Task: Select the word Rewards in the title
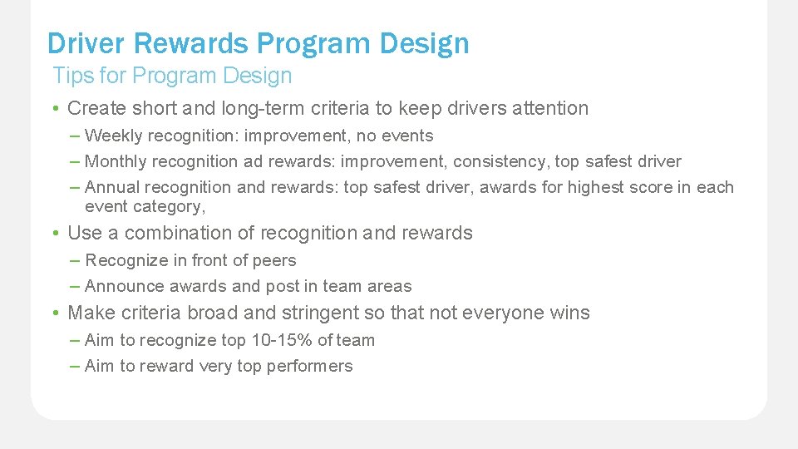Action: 193,43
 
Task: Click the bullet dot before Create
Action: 53,109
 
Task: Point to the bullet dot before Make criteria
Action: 53,313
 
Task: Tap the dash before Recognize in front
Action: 76,260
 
